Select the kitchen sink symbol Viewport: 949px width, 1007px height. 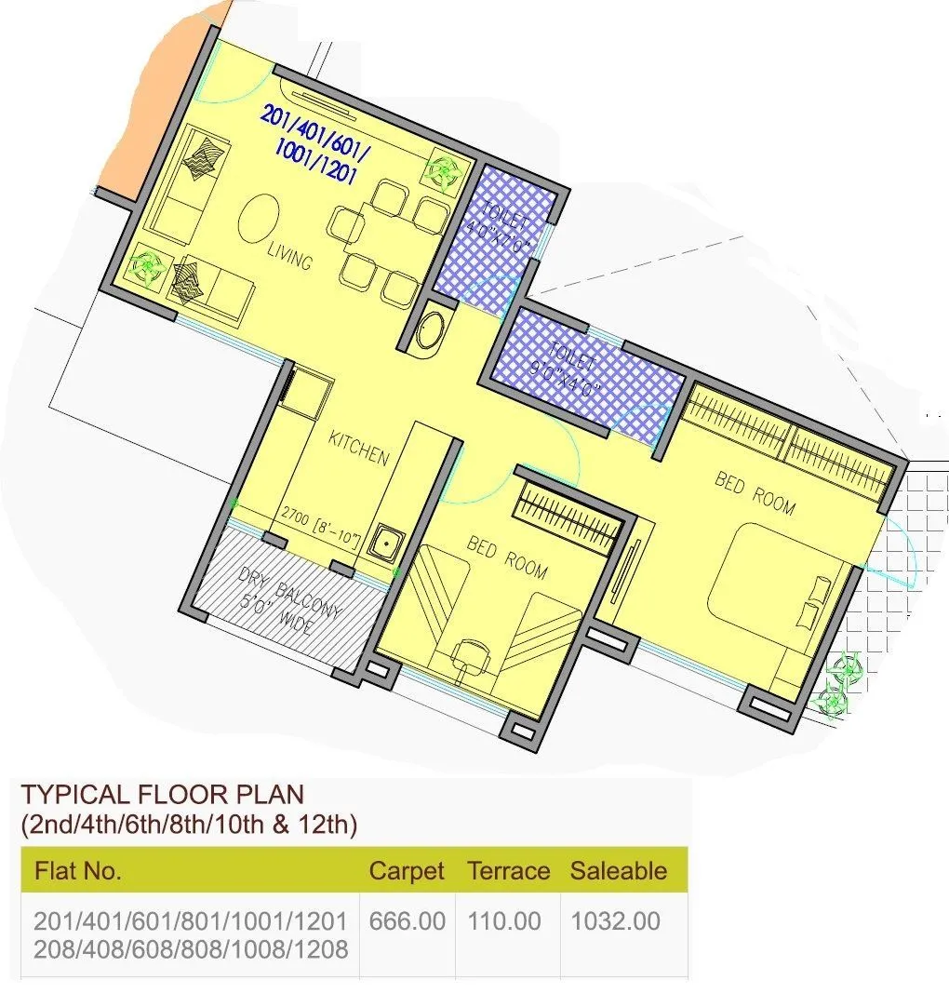click(384, 542)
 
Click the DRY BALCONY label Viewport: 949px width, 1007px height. click(290, 600)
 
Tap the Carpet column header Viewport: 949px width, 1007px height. click(406, 871)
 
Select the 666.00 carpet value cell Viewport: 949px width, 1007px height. click(407, 921)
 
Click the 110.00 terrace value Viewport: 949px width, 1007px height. click(503, 921)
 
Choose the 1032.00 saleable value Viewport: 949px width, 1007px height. click(615, 921)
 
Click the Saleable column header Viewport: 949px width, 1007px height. click(618, 871)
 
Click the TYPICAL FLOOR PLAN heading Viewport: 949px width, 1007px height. click(162, 795)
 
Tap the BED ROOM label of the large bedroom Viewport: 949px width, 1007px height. click(755, 492)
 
